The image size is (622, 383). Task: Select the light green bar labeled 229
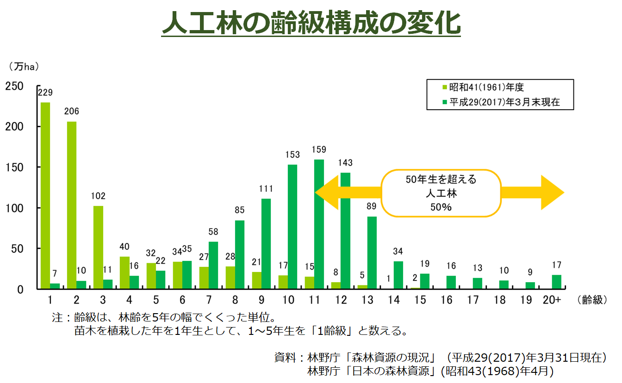coord(45,194)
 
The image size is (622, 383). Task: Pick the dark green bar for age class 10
coord(292,227)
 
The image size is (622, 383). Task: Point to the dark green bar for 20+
coord(557,282)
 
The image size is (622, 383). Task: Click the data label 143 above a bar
coord(345,163)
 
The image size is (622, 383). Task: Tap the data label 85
coord(240,210)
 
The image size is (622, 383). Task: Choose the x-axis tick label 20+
coord(552,300)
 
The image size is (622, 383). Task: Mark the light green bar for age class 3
coord(98,247)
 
